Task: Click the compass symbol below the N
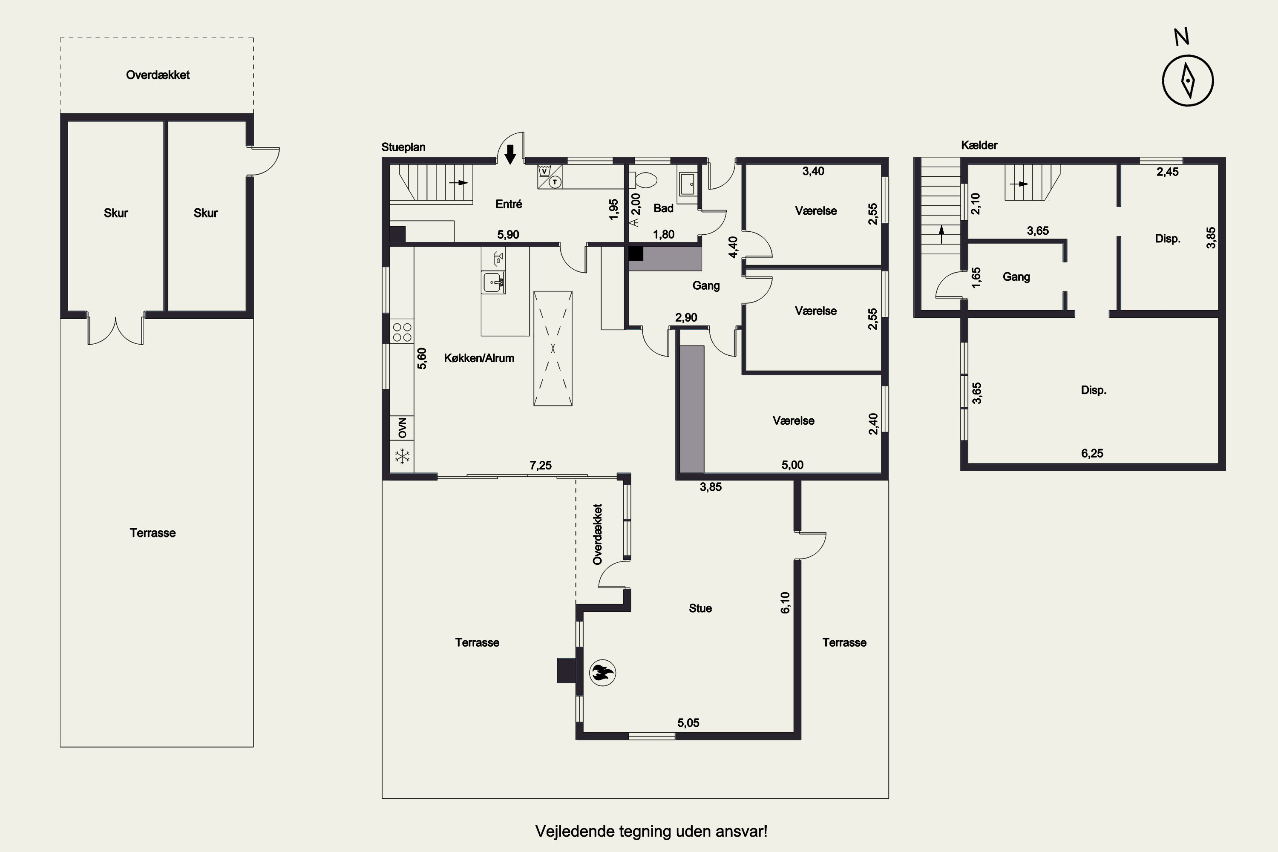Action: point(1188,81)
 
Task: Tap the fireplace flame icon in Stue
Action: point(603,673)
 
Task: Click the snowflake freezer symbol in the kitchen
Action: point(402,456)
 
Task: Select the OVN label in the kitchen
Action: point(402,428)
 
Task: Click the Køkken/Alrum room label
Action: point(479,358)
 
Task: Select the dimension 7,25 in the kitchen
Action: point(540,465)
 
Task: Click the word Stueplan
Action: point(403,147)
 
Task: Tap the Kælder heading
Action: point(979,145)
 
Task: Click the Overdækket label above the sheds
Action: point(158,75)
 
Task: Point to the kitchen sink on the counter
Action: point(493,282)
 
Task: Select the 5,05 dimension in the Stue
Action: point(688,722)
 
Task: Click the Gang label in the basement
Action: point(1016,277)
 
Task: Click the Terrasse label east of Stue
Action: point(844,643)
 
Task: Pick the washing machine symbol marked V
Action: point(544,171)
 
